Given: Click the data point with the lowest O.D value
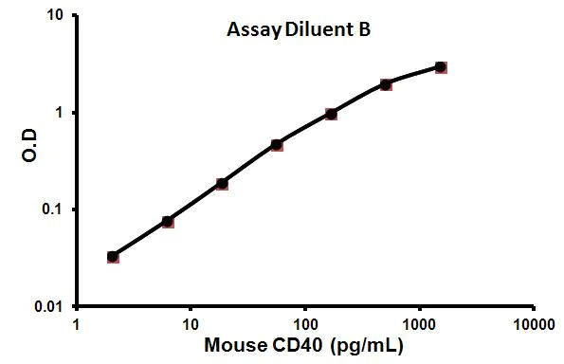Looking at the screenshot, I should [113, 257].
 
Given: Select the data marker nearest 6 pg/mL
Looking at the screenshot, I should [168, 222].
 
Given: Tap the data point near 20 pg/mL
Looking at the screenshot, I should [222, 183].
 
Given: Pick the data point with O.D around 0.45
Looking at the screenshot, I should [277, 145].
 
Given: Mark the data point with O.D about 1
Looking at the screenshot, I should [331, 114].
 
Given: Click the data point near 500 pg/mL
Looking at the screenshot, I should [386, 84].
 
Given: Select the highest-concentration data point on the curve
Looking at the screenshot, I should [441, 67].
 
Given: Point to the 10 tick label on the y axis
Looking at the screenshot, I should [56, 16].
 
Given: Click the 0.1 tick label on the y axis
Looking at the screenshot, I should [52, 209].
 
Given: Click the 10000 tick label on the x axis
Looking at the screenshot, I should [533, 324].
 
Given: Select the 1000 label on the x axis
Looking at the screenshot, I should [419, 324].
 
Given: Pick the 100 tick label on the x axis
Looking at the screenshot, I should [305, 324].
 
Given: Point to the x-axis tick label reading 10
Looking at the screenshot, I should [191, 324].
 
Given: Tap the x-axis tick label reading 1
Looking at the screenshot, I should [77, 324].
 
